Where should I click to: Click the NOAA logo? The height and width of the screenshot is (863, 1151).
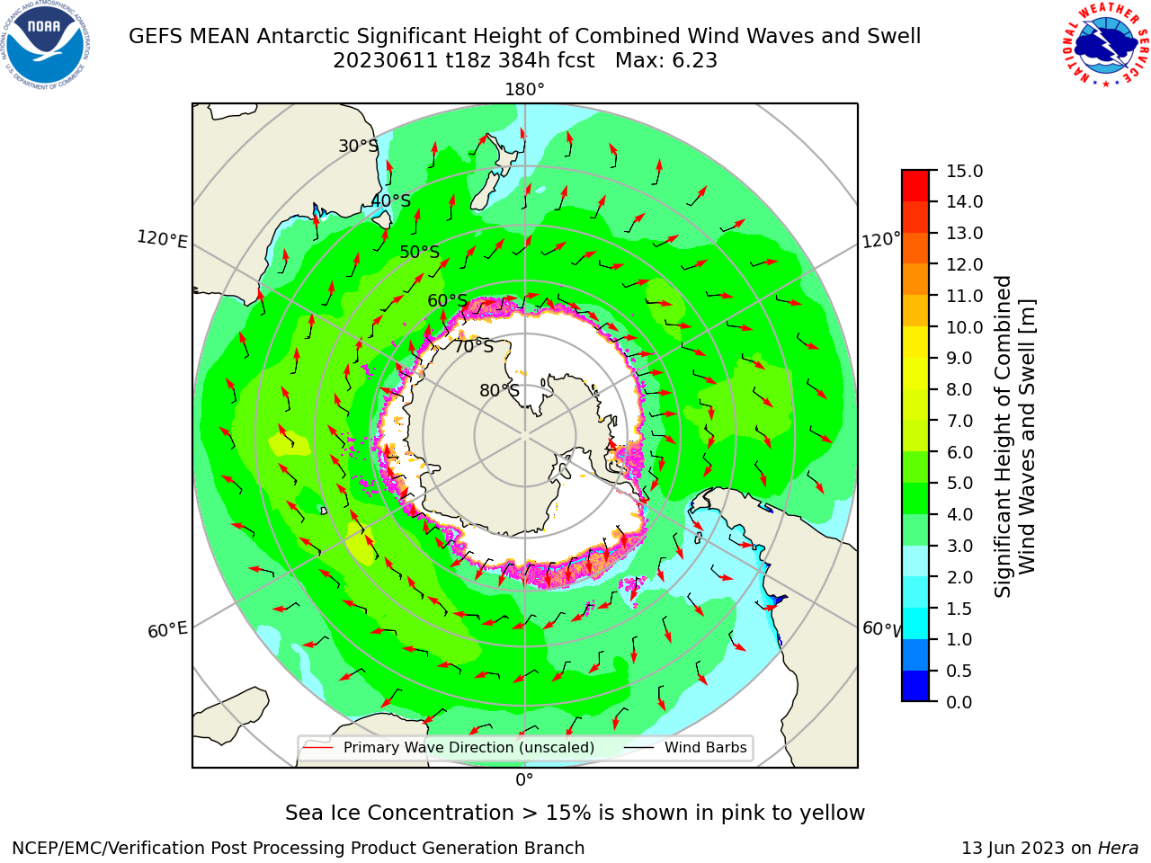click(x=46, y=46)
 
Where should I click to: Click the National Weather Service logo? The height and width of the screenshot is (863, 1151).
click(x=1105, y=44)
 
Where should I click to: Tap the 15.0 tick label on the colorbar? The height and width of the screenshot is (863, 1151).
click(x=964, y=172)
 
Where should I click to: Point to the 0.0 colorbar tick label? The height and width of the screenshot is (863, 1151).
click(x=959, y=702)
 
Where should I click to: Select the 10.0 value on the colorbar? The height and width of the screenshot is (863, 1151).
click(x=964, y=327)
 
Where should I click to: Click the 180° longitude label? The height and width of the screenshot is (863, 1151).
click(x=524, y=90)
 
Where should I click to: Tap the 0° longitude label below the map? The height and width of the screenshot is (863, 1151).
click(x=524, y=780)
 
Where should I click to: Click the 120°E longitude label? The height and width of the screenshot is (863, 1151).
click(x=162, y=239)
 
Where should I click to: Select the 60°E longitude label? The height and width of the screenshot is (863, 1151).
click(x=166, y=629)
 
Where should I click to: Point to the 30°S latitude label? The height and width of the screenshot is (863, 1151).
click(x=358, y=146)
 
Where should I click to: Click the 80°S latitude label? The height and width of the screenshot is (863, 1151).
click(x=499, y=390)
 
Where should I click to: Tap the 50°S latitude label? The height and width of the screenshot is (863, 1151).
click(x=420, y=252)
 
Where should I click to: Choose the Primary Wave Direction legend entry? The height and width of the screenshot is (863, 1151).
click(x=450, y=748)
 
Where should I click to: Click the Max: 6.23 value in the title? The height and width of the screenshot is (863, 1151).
click(x=666, y=61)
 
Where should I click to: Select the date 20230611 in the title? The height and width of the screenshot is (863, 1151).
click(x=386, y=61)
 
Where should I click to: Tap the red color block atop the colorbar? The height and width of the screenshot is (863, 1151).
click(x=915, y=186)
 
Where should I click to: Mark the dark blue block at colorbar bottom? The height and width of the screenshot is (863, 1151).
click(x=915, y=686)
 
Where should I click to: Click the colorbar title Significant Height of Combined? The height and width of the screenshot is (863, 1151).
click(x=1003, y=437)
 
